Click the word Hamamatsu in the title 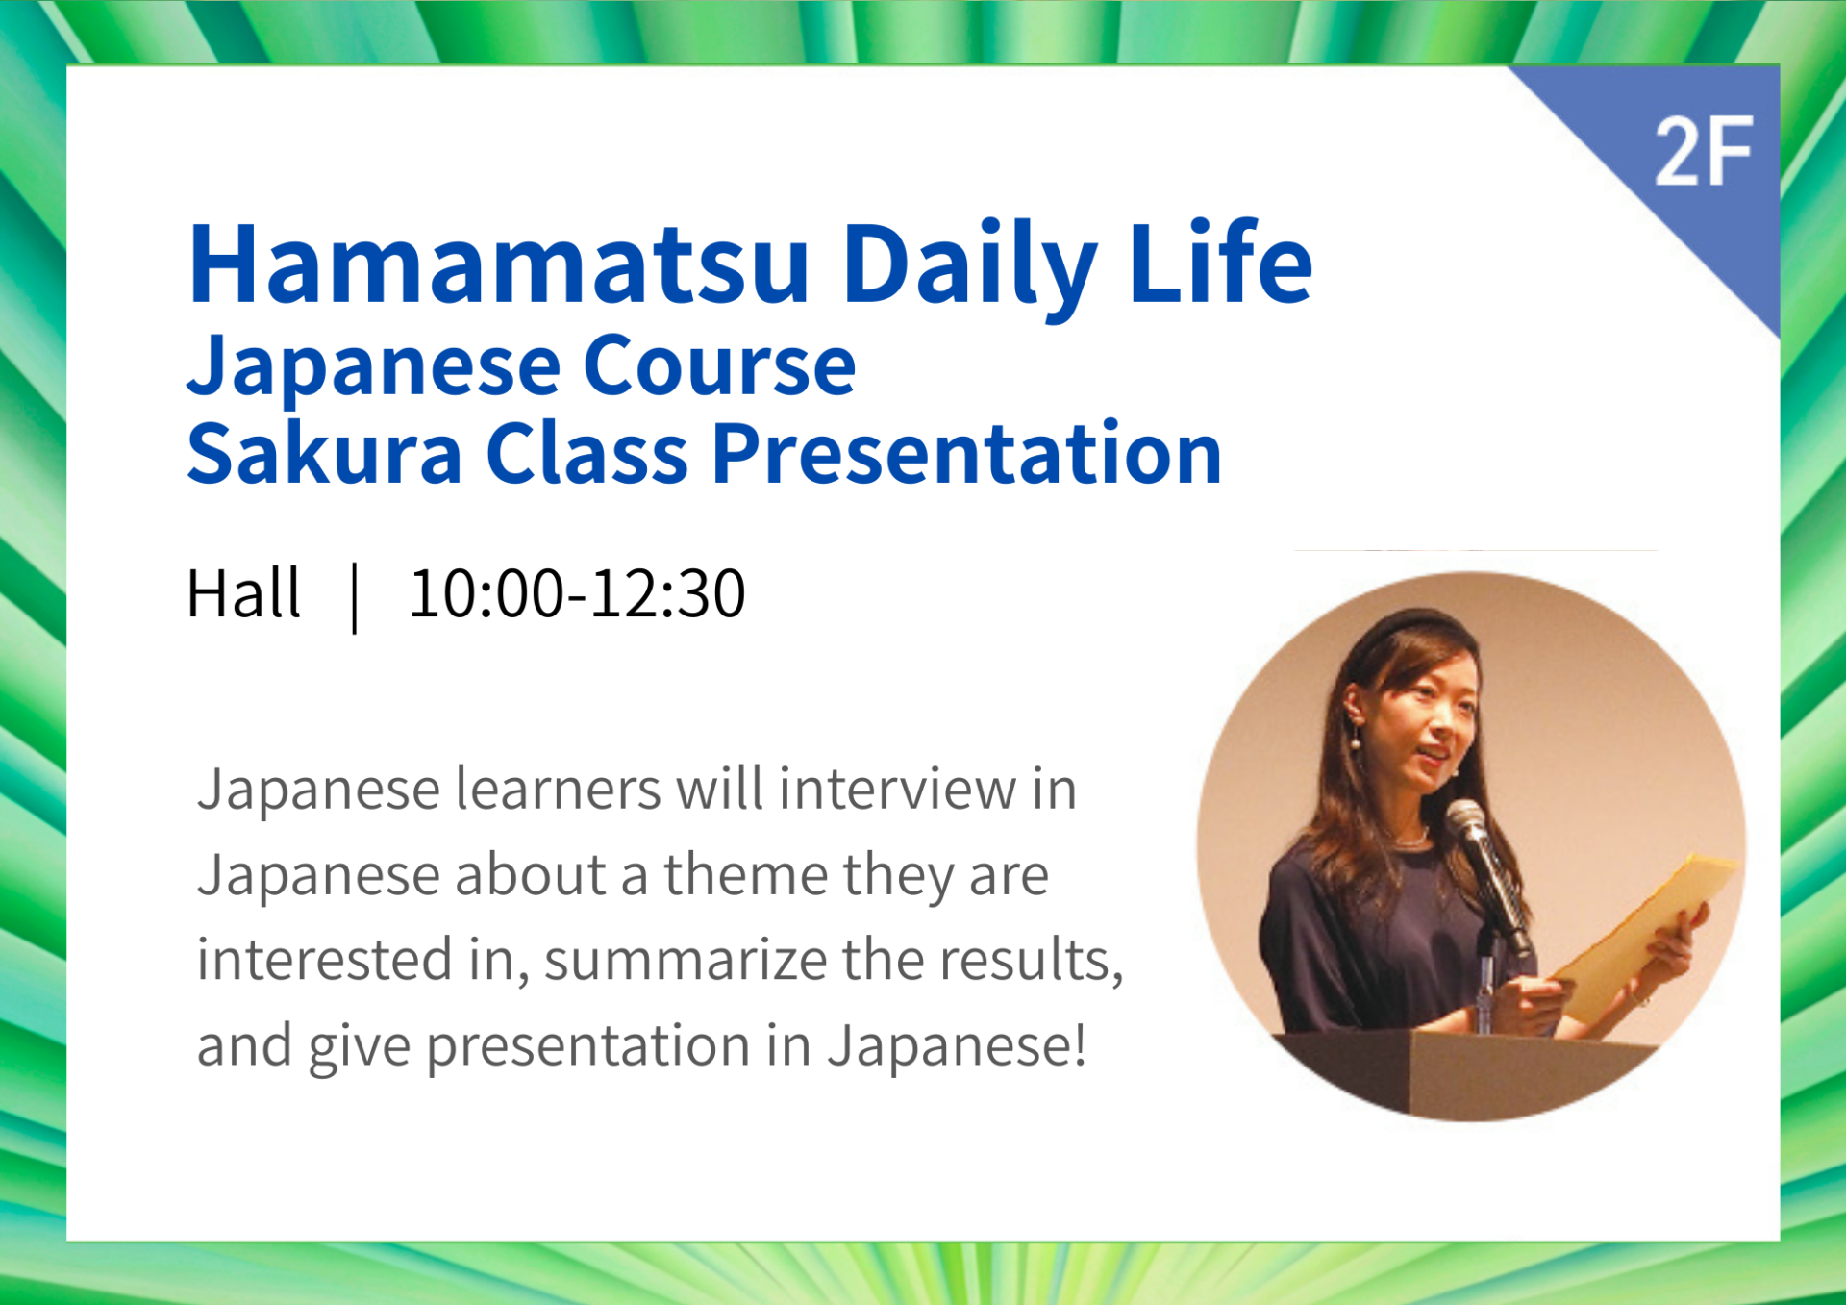pos(499,264)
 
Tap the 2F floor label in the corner pos(1704,152)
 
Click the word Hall pos(243,593)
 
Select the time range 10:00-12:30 pos(577,593)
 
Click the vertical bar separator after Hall pos(356,597)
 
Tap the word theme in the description pos(746,875)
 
